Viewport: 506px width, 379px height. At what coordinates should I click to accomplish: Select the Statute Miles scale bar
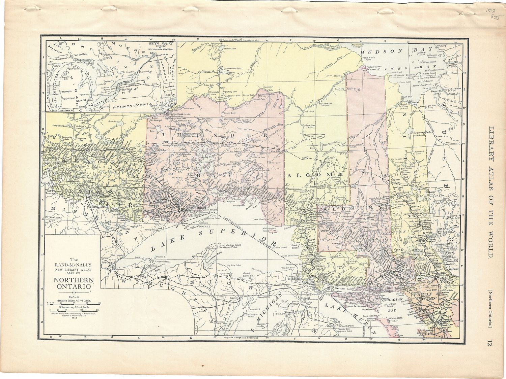(x=73, y=303)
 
